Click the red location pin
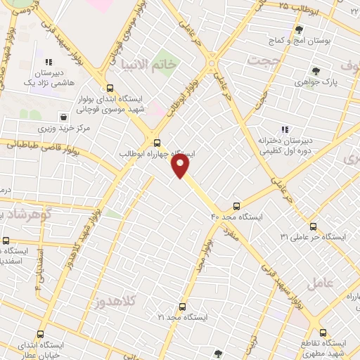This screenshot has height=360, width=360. click(181, 165)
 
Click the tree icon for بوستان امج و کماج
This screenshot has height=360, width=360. click(299, 30)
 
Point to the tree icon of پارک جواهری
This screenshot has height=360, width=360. click(315, 71)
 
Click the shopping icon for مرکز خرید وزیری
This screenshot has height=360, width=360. click(64, 117)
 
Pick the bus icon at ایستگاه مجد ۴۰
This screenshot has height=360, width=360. click(236, 206)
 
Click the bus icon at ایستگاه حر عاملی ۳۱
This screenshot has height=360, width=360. click(313, 226)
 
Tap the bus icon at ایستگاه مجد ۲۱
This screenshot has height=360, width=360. click(182, 307)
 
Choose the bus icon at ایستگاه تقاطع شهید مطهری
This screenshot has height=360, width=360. click(323, 333)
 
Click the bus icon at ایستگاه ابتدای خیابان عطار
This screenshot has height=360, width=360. click(39, 335)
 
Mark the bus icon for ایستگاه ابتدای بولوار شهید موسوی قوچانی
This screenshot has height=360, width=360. click(110, 88)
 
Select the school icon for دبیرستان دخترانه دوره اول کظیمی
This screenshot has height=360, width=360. click(285, 129)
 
